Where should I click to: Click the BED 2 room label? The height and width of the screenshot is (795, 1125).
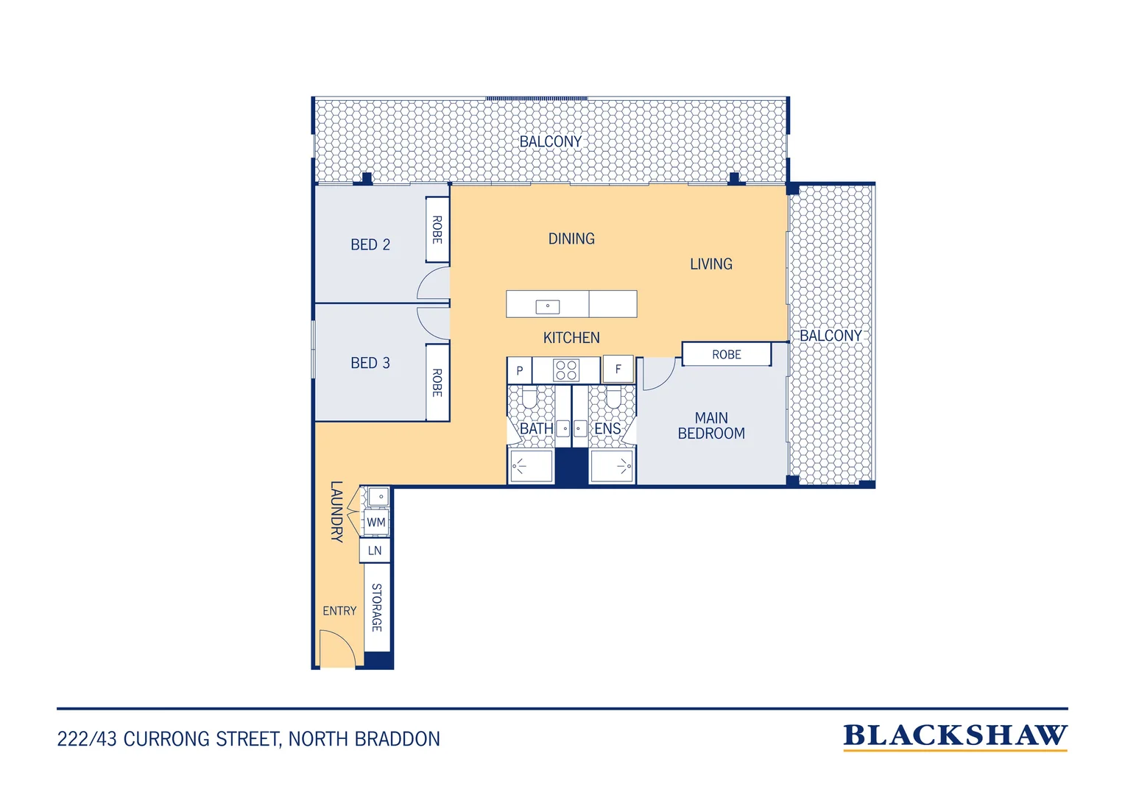tap(370, 244)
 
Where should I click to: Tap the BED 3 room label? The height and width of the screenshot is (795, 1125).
tap(370, 363)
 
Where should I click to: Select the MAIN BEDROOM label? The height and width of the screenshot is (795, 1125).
tap(711, 425)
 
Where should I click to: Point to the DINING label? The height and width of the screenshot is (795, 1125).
tap(571, 239)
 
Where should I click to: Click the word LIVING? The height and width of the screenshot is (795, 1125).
tap(711, 264)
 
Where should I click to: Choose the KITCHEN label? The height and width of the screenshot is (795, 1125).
tap(571, 337)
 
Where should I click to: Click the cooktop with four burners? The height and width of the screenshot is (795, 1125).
tap(566, 370)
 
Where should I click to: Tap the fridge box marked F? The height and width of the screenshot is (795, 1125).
tap(618, 369)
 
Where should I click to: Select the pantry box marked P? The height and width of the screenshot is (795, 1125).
tap(520, 370)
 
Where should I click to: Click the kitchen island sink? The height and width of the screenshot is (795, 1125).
tap(548, 306)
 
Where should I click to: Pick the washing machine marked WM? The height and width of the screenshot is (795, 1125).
tap(375, 523)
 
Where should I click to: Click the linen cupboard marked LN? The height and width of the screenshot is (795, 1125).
tap(375, 551)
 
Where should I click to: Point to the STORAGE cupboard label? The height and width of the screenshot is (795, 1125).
tap(377, 607)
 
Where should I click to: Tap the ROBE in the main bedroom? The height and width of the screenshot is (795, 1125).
tap(726, 355)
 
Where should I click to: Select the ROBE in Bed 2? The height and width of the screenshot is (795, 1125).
tap(437, 230)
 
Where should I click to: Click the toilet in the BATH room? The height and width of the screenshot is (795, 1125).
tap(529, 397)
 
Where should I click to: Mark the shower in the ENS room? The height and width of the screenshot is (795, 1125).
tap(612, 467)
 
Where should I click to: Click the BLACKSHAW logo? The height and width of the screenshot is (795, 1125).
tap(955, 736)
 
